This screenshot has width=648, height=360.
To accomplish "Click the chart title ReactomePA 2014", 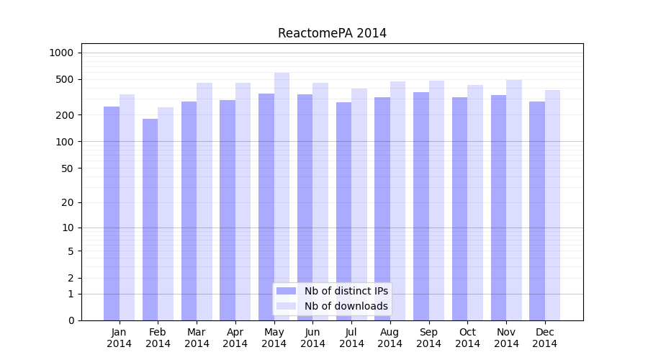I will pos(332,33).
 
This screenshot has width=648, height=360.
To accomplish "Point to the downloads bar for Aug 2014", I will pos(398,201).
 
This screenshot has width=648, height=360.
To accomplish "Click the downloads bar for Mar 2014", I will pos(204,202).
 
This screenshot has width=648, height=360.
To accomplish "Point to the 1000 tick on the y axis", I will pos(61,53).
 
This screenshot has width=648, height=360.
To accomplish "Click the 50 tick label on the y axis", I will pos(67,168).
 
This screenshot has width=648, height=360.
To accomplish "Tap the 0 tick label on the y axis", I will pos(71,320).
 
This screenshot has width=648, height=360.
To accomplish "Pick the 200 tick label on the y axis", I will pos(64,115).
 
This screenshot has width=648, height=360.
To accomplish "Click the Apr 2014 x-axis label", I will pos(235,338).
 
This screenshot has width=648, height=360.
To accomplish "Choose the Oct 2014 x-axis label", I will pos(467,338).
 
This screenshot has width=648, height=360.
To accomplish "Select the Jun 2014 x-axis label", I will pos(312,338).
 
